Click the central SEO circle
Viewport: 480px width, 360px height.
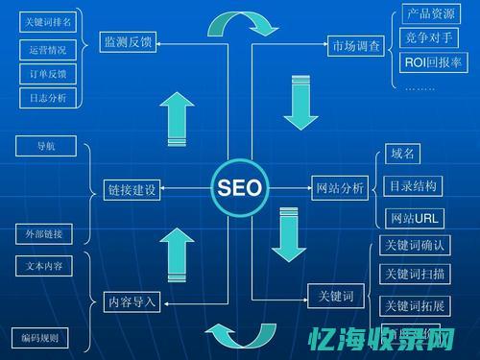pyautogui.click(x=239, y=186)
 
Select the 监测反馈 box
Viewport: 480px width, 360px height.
pyautogui.click(x=127, y=41)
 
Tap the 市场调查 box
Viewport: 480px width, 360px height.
pyautogui.click(x=355, y=44)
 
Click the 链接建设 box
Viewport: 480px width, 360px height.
pyautogui.click(x=131, y=189)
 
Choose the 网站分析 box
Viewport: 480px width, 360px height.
pyautogui.click(x=340, y=189)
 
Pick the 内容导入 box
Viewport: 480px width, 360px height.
pyautogui.click(x=131, y=302)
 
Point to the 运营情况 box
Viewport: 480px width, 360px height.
pyautogui.click(x=47, y=48)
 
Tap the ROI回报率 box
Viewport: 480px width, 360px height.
pyautogui.click(x=433, y=62)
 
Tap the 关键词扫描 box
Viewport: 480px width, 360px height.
pyautogui.click(x=414, y=275)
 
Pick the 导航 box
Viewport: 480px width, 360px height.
pyautogui.click(x=45, y=146)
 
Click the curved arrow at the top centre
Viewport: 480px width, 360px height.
pyautogui.click(x=236, y=23)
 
